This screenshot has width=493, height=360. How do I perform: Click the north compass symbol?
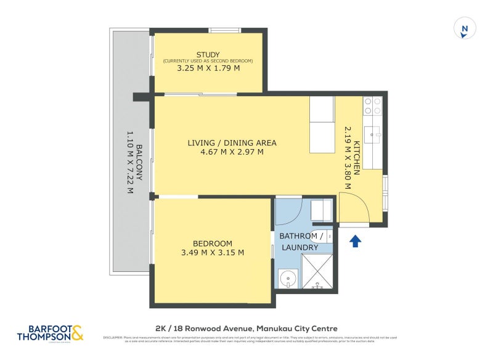point(465,29)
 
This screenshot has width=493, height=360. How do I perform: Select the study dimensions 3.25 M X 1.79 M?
point(208,68)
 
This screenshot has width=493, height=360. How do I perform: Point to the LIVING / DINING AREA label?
point(232,143)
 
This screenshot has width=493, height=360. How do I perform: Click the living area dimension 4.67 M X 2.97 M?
point(232,152)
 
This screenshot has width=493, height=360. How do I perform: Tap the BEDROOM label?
point(212,243)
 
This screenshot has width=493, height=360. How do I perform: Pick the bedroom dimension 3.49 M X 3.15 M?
point(212,253)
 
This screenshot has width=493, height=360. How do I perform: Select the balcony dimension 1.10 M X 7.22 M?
point(130,162)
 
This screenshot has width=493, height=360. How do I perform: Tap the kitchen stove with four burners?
point(372,107)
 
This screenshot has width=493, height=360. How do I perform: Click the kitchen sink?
point(373,133)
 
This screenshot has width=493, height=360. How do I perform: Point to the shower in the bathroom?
point(317,272)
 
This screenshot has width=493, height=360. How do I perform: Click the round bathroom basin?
point(288,279)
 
